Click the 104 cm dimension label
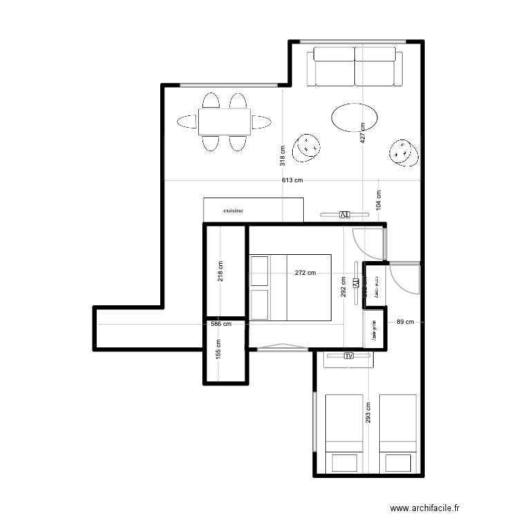[378, 200]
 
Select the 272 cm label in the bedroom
[305, 273]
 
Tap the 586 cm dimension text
[221, 323]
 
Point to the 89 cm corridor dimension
[405, 322]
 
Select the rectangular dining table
[224, 122]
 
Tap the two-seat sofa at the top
[355, 66]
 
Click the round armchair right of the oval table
[403, 152]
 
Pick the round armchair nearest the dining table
[307, 146]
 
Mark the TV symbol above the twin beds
[348, 356]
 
